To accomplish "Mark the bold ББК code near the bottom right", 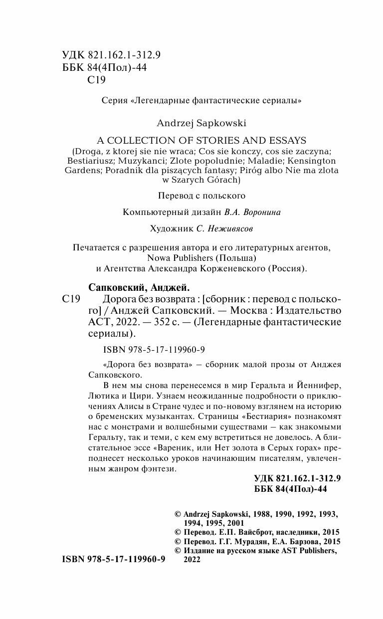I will coord(290,489).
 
